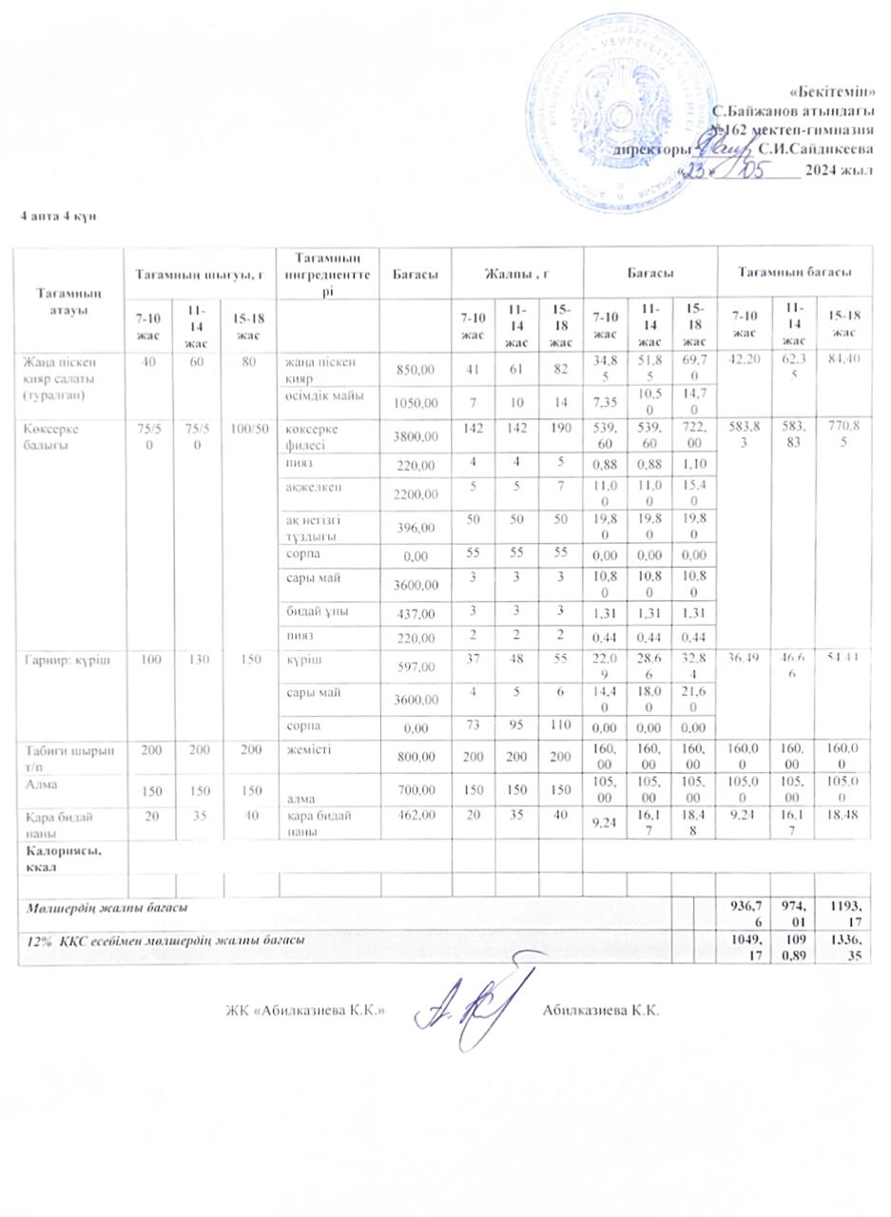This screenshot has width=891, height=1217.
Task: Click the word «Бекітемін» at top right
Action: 833,91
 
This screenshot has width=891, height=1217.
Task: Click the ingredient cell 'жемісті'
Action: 305,751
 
